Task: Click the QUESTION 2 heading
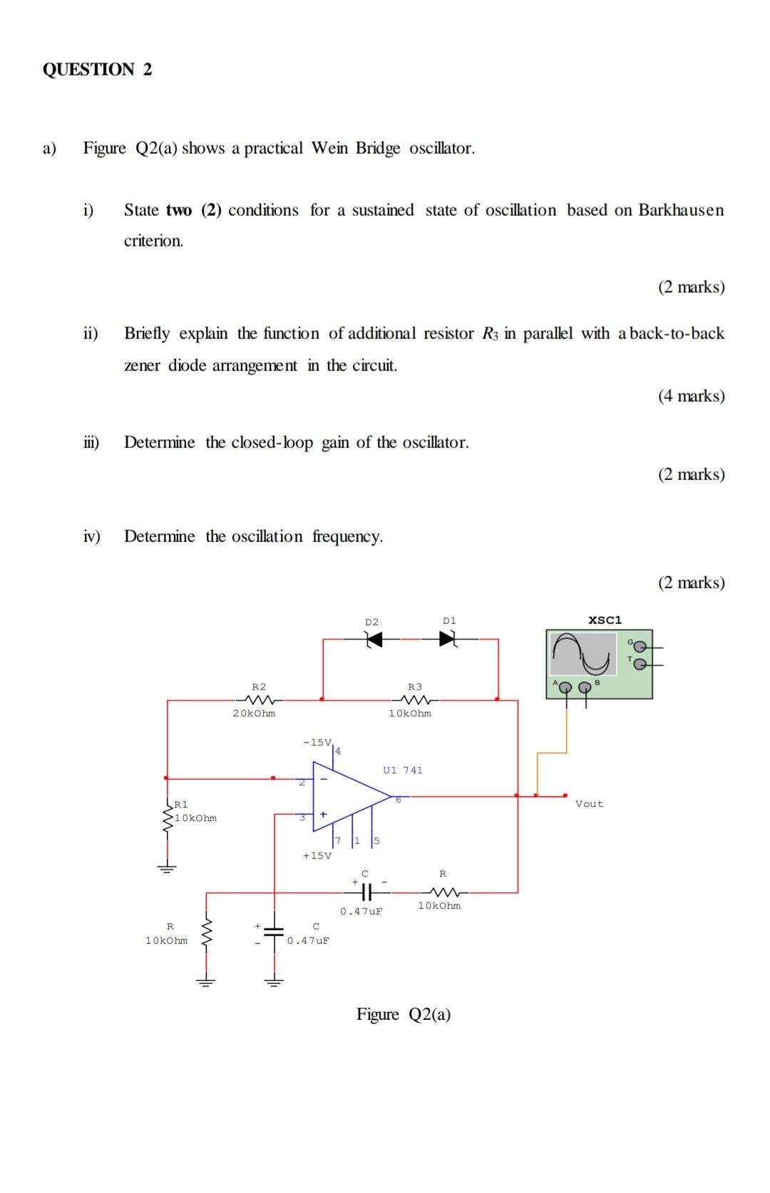tap(97, 69)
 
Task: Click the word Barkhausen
tap(681, 210)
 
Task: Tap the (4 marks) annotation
tap(691, 396)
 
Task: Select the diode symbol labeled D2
tap(372, 640)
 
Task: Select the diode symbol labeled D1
tap(448, 640)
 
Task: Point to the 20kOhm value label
tap(254, 713)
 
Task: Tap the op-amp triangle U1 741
tap(349, 796)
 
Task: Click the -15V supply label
tap(317, 742)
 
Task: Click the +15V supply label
tap(317, 855)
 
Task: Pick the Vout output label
tap(589, 803)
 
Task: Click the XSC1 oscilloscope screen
tap(584, 653)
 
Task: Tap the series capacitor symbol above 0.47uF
tap(364, 891)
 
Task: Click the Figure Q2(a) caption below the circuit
tap(404, 1014)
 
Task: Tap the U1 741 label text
tap(403, 770)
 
